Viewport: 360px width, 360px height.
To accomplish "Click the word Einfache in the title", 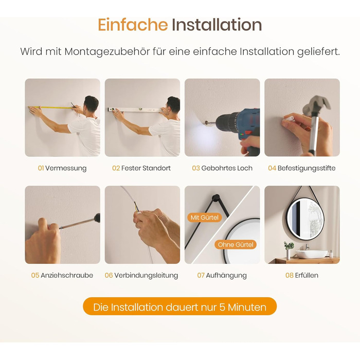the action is [133, 25].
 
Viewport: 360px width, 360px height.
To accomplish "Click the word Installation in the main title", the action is [217, 25].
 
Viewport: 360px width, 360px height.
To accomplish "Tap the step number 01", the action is [41, 168].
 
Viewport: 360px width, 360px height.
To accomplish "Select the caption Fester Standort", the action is [146, 168].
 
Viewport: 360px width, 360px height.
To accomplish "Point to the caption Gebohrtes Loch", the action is [227, 168].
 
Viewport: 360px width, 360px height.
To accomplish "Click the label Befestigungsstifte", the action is [307, 168].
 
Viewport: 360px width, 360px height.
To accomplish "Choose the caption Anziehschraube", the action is [67, 275].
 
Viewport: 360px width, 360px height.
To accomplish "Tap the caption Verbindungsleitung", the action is [146, 276].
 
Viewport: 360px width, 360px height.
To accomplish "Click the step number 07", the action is [201, 275].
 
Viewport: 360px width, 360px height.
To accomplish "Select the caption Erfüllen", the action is [307, 275].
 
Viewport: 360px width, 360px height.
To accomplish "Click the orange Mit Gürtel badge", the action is [204, 218].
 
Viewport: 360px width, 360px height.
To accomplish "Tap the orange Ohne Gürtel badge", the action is [236, 244].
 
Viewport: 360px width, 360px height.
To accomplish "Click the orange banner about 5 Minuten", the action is [180, 307].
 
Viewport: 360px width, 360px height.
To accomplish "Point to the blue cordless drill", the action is [238, 128].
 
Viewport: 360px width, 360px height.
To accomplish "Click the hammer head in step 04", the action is [316, 105].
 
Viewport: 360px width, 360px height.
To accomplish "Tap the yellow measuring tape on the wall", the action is [51, 107].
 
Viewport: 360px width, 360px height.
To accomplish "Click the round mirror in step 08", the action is [305, 220].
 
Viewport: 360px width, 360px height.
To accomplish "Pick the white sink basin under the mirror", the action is [311, 254].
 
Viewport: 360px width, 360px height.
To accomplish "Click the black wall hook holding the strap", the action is [215, 198].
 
